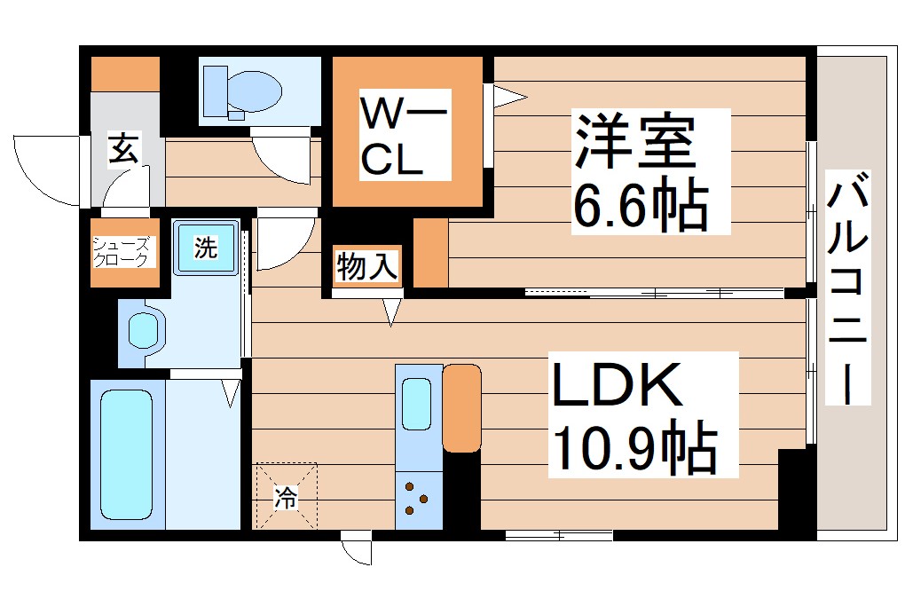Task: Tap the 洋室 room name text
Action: (633, 140)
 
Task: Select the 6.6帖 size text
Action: (641, 206)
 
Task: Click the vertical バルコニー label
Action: (849, 288)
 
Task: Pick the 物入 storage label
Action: (366, 266)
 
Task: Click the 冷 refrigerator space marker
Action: (285, 498)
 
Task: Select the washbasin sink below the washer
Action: (144, 331)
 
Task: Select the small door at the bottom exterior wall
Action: (357, 549)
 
